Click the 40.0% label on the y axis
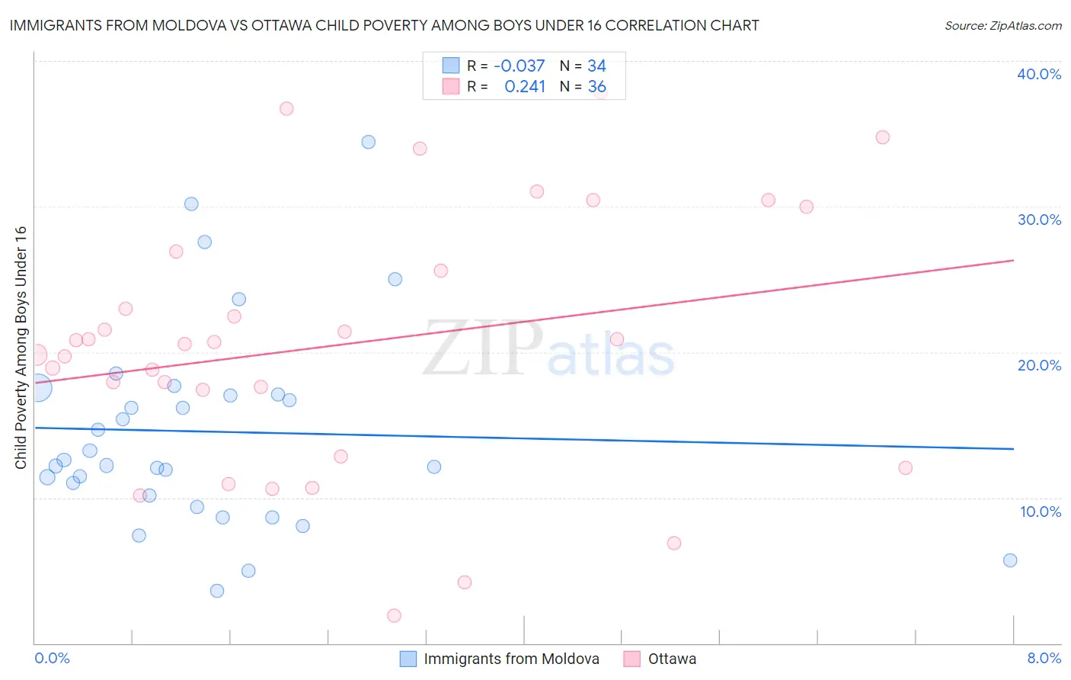1038,74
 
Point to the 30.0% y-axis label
1038,220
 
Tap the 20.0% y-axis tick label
1038,365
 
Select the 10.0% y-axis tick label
1040,512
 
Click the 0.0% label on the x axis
52,658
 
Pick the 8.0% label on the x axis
1044,658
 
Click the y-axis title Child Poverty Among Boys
21,348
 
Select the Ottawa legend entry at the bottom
671,659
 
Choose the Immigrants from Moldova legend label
511,659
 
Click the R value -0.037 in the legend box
520,66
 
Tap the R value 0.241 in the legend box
525,87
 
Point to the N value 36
596,87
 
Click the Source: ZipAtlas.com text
1002,26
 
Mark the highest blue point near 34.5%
369,142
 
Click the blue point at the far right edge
1010,560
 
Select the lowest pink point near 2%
394,615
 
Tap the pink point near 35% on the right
882,137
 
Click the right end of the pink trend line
1013,261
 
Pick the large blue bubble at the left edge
39,388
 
